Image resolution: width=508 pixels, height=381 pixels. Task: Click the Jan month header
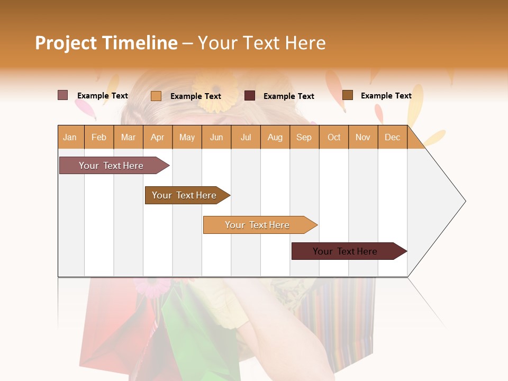point(70,137)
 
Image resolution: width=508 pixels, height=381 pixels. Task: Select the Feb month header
point(99,137)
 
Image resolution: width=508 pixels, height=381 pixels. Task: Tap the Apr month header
point(157,137)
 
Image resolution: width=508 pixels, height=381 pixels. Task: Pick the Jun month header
point(216,137)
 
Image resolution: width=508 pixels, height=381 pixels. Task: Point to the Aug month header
point(275,137)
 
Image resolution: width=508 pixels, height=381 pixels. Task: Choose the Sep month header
point(304,137)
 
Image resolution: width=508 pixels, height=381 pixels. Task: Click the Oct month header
point(334,137)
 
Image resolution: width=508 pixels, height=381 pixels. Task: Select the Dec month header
point(392,137)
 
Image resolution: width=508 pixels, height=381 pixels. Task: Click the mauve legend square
point(62,95)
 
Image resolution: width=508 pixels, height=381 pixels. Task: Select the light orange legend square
point(156,96)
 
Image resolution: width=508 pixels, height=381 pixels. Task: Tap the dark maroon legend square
point(250,96)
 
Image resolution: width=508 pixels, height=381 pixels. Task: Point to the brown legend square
point(347,95)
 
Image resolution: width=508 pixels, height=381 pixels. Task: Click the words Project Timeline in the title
point(106,43)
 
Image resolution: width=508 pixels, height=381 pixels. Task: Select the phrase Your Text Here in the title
point(261,43)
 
